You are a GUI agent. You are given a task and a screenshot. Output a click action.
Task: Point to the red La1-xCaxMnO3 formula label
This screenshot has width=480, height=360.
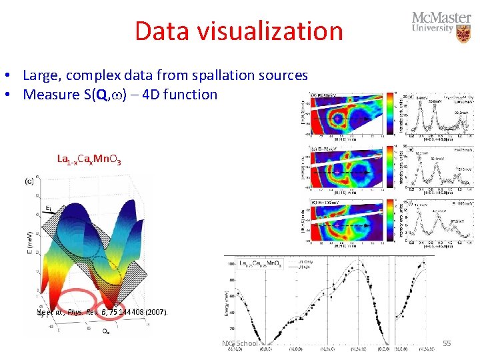89,159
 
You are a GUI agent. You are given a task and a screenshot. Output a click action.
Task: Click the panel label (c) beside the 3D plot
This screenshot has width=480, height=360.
29,181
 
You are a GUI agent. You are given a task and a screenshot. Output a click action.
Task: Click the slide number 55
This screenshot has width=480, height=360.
447,343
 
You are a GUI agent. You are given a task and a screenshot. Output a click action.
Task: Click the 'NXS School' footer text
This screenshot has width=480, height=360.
239,343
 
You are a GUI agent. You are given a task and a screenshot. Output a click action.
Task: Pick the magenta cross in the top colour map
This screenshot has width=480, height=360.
339,119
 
